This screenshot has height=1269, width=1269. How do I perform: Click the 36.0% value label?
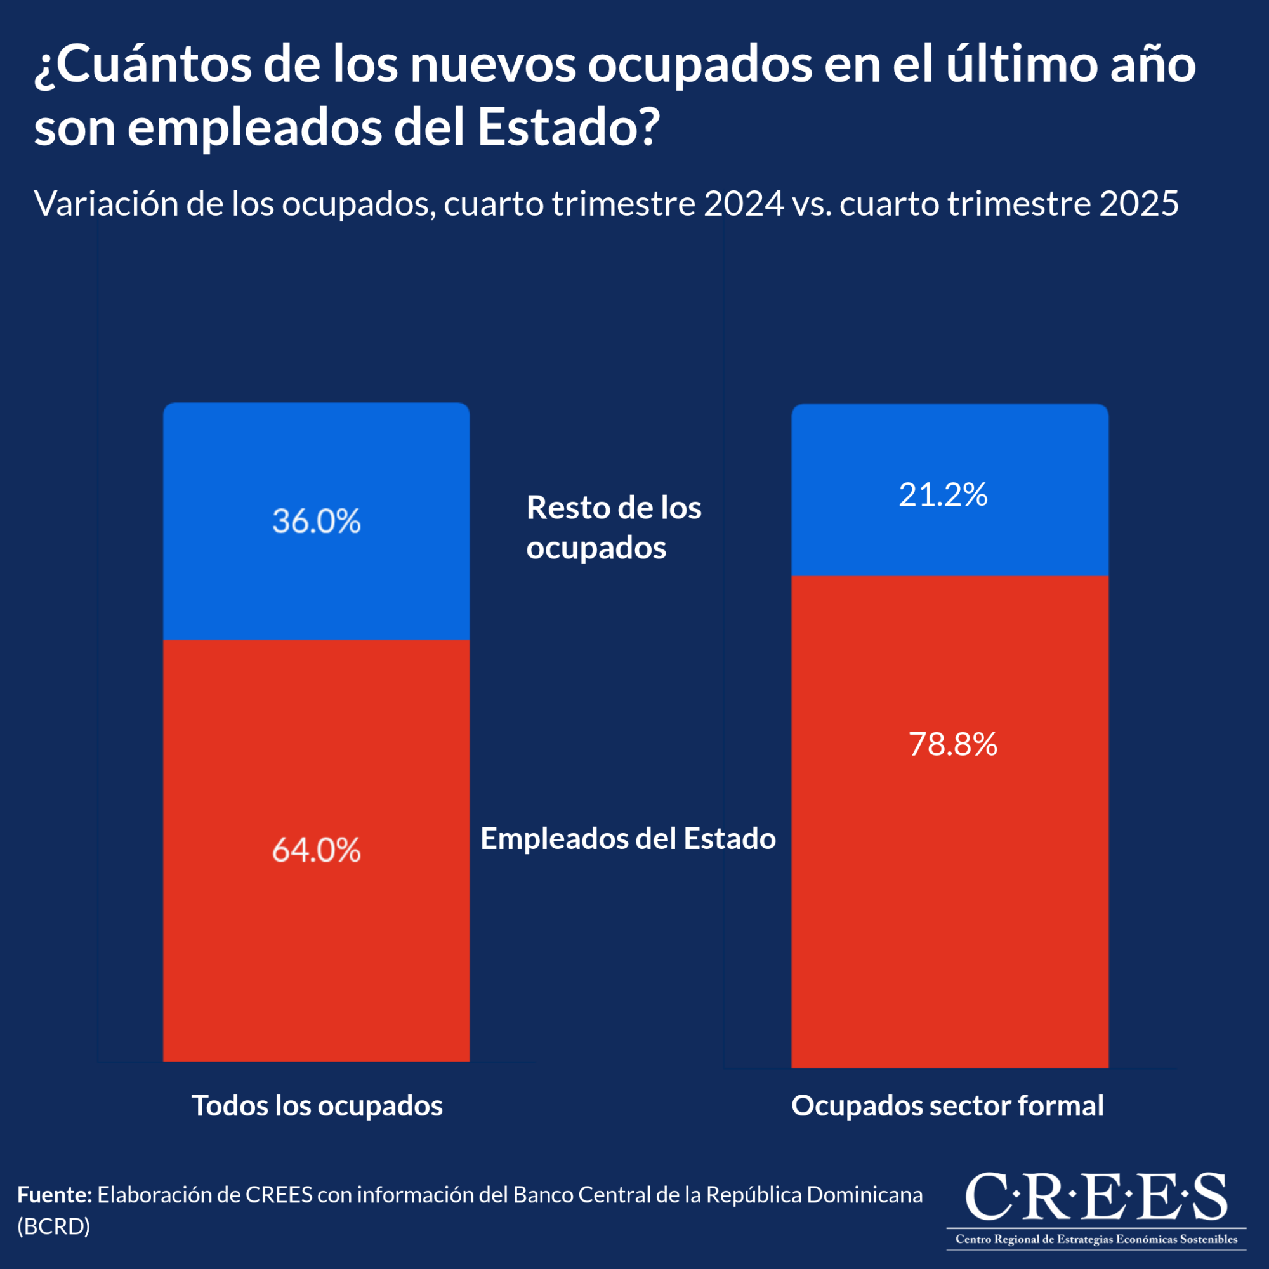tap(317, 521)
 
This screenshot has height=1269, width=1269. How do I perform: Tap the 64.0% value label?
tap(317, 850)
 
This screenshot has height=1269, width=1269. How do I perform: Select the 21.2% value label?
tap(943, 495)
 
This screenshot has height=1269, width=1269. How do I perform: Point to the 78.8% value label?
tap(953, 744)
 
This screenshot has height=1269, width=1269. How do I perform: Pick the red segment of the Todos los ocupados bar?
tap(317, 952)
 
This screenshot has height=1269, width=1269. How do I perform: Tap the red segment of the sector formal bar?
tap(950, 887)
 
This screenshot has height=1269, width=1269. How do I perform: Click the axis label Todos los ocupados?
tap(317, 1105)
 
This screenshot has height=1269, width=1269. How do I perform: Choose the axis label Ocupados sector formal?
tap(947, 1105)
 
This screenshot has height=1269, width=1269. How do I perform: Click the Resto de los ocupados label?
tap(614, 527)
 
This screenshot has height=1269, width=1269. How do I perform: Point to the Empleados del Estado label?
tap(628, 839)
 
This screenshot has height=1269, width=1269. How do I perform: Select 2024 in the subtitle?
tap(744, 204)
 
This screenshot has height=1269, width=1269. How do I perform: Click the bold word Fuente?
tap(55, 1195)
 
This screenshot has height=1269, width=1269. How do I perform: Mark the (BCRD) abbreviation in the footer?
tap(53, 1226)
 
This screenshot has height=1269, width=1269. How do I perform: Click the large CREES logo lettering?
tap(1096, 1197)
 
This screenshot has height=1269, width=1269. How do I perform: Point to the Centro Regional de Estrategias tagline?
tap(1096, 1239)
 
